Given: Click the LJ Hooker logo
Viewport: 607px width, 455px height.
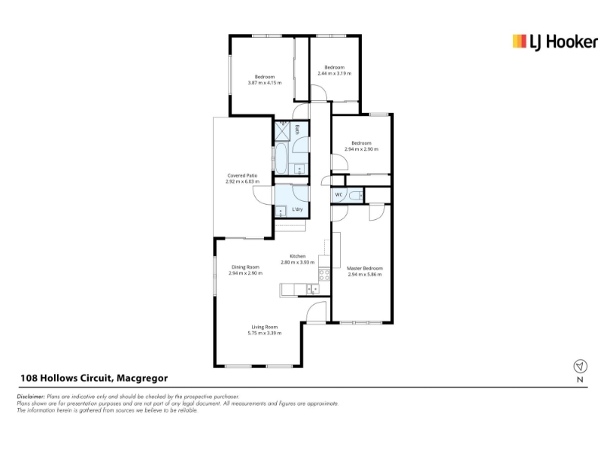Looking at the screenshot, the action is [555, 42].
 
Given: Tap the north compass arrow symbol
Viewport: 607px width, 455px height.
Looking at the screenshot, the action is [580, 366].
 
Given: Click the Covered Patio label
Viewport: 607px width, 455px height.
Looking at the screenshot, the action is [242, 176].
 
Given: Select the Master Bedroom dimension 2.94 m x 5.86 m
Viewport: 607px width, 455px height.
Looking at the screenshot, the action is [365, 275].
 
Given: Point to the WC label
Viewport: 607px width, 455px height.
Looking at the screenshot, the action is [338, 195].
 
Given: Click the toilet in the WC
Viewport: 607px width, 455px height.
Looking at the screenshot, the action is [356, 196].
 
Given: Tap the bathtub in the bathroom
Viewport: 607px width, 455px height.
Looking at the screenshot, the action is [280, 158].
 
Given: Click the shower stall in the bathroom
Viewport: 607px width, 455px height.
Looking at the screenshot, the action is [281, 130].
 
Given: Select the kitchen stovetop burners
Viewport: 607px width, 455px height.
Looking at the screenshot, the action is [324, 275].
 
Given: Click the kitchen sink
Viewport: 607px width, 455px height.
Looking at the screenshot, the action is [313, 289].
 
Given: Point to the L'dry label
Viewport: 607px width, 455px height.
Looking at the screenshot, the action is [297, 209].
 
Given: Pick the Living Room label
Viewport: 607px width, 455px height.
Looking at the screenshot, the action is [265, 327].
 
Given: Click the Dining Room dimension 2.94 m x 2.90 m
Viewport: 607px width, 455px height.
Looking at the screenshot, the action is [245, 273].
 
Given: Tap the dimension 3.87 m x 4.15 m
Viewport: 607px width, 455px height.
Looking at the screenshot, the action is [265, 83].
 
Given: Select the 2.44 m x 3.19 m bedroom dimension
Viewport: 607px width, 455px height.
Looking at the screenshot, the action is [335, 74].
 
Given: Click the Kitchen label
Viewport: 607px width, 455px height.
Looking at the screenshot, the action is [297, 256].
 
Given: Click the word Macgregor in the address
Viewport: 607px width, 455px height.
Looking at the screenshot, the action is [142, 378].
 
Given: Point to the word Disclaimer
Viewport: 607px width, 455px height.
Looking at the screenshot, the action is [30, 397].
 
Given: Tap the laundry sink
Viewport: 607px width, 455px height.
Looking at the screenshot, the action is [280, 212].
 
